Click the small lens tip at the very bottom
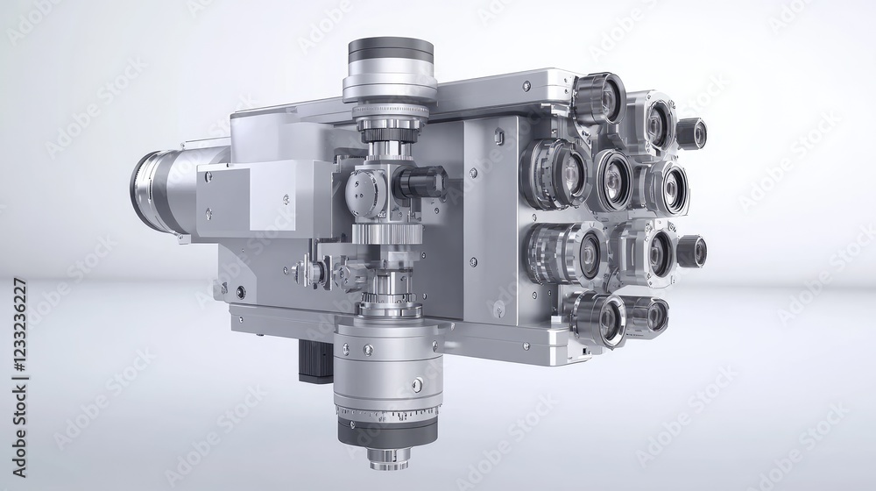pos(388,457)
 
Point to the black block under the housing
pos(313,360)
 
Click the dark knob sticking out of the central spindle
pos(422,182)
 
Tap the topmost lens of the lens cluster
pos(601,98)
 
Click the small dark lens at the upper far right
pos(691,133)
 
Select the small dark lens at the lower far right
pos(691,252)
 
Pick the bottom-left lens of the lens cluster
pos(599,318)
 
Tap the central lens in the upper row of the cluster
pos(612,180)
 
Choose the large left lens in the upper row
pos(558,173)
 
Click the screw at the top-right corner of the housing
pos(526,87)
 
